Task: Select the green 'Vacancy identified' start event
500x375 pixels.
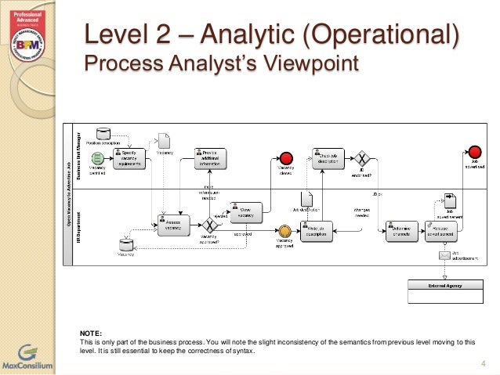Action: (98, 158)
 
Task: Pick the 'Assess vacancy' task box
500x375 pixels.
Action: (174, 225)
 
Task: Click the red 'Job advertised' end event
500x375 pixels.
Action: (475, 152)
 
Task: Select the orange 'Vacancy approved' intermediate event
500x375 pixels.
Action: (285, 232)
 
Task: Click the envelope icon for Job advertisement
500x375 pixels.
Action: (444, 256)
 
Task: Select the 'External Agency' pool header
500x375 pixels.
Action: (444, 286)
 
